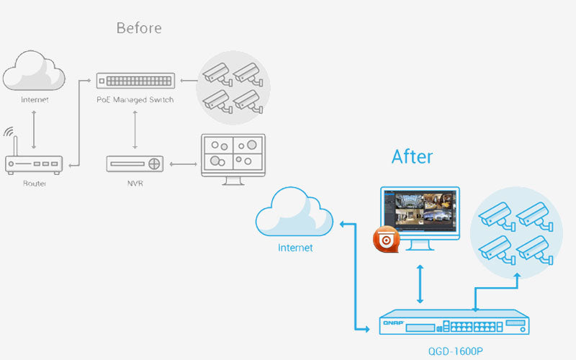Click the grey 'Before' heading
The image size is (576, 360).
(x=139, y=29)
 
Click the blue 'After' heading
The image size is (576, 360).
(x=412, y=156)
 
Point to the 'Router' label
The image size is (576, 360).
(x=35, y=184)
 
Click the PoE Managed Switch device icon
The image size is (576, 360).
(x=135, y=80)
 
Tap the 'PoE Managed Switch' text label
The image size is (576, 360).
(x=135, y=99)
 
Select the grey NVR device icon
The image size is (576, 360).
(x=135, y=163)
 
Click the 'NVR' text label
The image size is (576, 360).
(x=135, y=184)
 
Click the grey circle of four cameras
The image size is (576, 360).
(x=233, y=86)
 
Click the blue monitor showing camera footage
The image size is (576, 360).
(x=420, y=216)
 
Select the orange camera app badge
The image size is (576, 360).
(x=387, y=240)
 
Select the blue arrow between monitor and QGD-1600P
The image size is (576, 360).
(x=420, y=283)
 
